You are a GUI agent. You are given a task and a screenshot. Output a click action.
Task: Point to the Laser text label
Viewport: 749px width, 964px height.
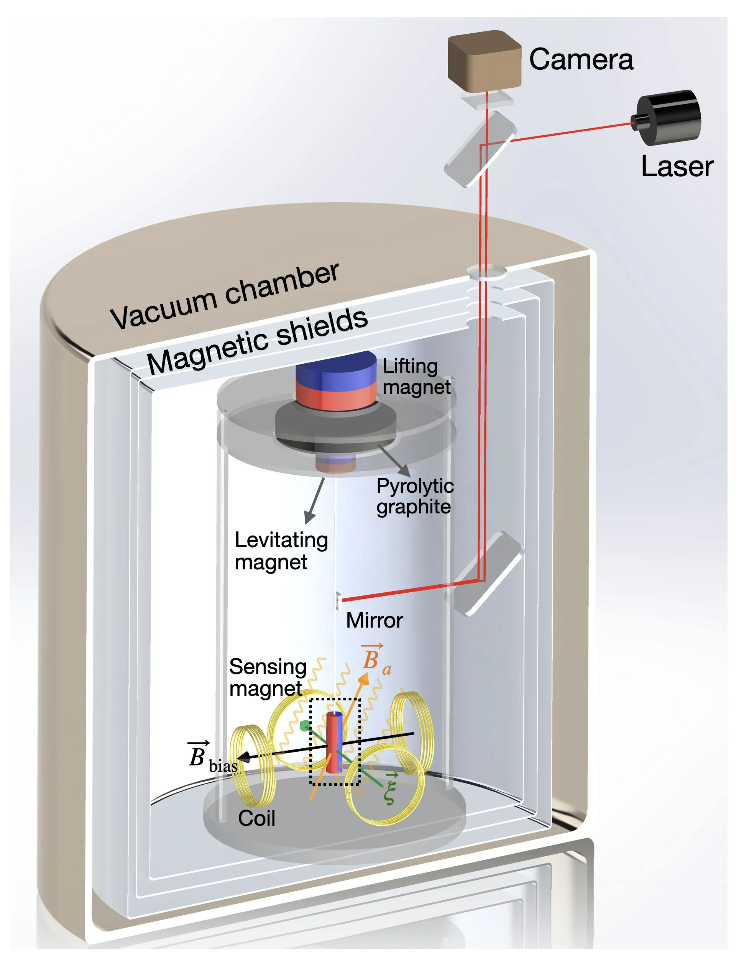click(677, 167)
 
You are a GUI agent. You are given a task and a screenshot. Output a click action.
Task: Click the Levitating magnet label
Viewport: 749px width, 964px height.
click(281, 551)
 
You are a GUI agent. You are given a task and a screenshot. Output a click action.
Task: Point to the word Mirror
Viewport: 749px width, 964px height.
click(374, 621)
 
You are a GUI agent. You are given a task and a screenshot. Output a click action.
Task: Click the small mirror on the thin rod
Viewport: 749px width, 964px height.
click(338, 600)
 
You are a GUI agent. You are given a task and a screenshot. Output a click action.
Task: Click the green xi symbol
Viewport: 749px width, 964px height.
click(390, 789)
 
